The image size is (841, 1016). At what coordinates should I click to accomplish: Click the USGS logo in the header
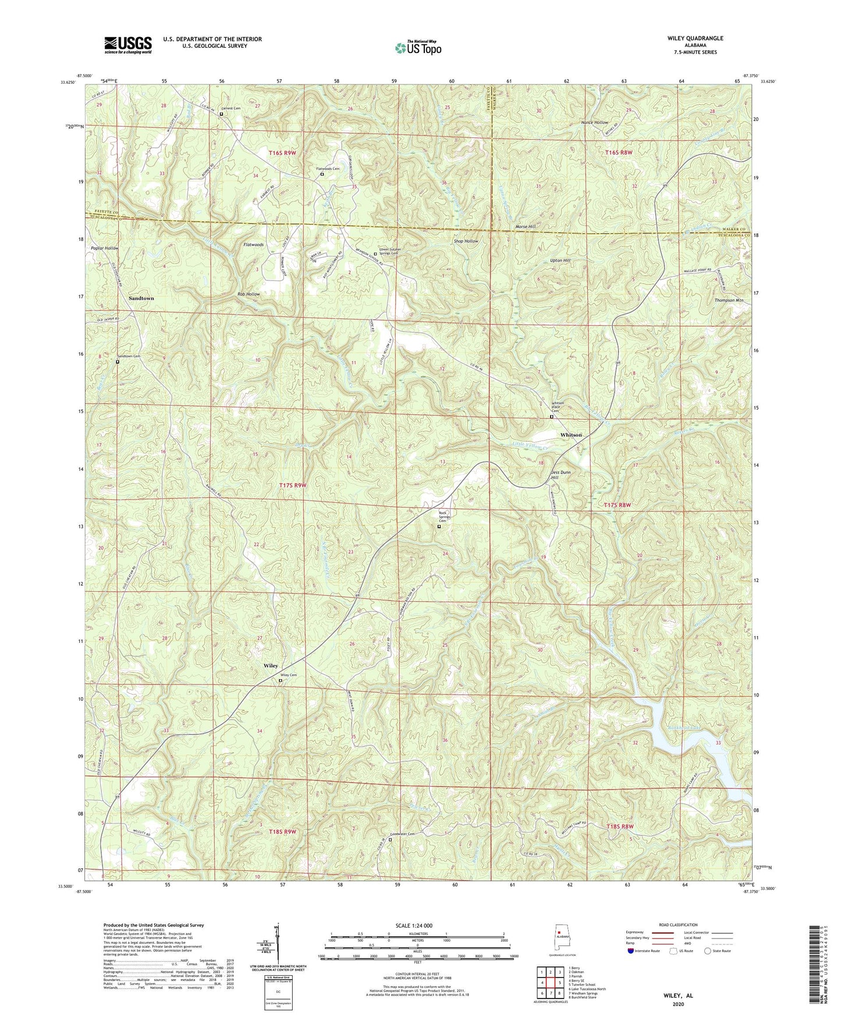point(128,45)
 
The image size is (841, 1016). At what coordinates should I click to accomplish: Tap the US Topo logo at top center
point(417,48)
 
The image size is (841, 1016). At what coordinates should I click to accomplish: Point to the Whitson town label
point(570,435)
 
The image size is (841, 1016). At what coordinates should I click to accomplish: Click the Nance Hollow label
point(594,123)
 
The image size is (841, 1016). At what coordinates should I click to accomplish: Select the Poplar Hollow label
point(105,248)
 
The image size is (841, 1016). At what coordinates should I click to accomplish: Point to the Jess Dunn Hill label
point(563,475)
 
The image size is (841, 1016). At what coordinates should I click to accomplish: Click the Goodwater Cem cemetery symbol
point(391,840)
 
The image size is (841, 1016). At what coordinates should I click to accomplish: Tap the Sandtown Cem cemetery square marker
point(118,361)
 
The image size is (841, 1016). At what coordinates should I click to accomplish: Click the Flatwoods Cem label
point(328,169)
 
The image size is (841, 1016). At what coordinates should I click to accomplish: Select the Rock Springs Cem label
point(446,516)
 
